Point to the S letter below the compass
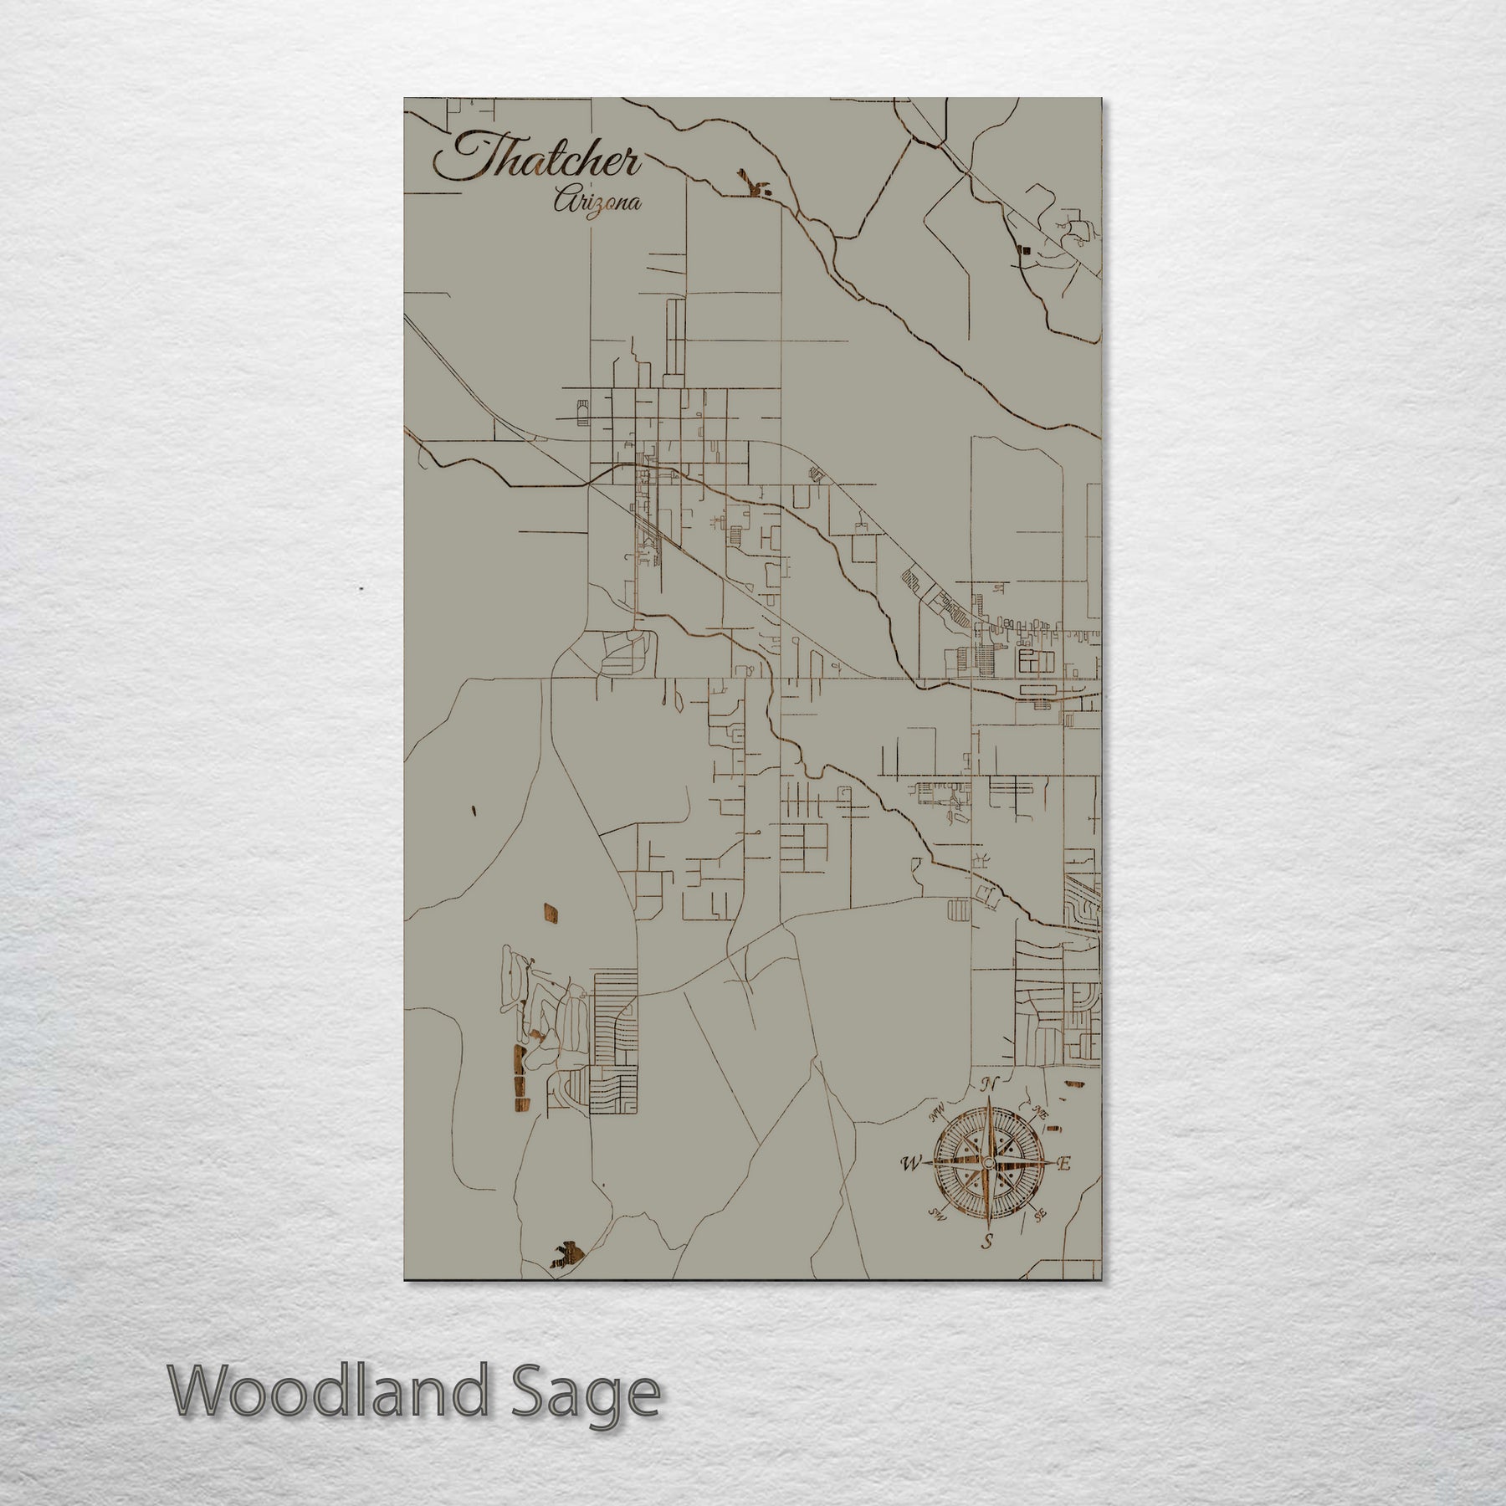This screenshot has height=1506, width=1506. click(x=987, y=1242)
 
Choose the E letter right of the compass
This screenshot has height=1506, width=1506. click(x=1065, y=1164)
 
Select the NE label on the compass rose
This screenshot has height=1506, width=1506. click(x=1041, y=1113)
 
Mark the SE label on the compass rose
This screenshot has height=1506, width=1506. click(x=1040, y=1215)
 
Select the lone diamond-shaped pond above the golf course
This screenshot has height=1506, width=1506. click(x=551, y=913)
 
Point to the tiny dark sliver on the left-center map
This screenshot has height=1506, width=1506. click(x=474, y=810)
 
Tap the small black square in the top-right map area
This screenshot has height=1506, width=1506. click(x=1022, y=248)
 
